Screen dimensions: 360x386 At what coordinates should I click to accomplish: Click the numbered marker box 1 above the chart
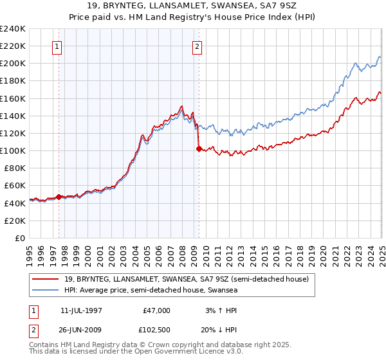[x=58, y=46]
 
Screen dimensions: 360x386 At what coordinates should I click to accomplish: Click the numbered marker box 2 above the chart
[x=196, y=46]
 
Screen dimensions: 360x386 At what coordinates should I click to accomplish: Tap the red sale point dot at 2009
[x=199, y=148]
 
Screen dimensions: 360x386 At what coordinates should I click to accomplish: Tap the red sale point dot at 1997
[x=59, y=197]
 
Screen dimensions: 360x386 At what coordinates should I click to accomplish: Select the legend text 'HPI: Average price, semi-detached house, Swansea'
[x=151, y=291]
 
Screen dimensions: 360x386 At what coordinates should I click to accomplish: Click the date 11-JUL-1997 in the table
[x=82, y=310]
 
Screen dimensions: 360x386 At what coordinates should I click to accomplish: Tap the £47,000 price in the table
[x=156, y=310]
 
